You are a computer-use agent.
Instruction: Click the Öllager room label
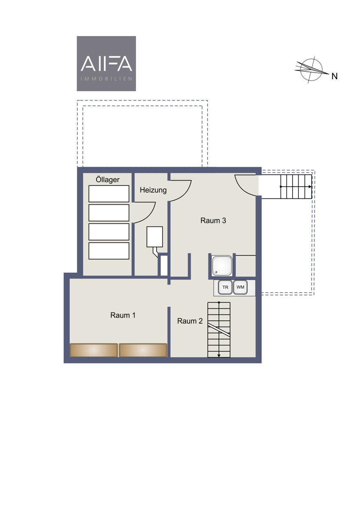coord(107,180)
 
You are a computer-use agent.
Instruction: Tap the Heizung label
coord(153,190)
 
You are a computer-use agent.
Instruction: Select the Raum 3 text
coord(213,221)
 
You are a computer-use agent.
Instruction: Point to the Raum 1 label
coord(123,315)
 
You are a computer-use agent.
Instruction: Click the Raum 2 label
coord(190,321)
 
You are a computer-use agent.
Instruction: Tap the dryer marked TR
coord(225,287)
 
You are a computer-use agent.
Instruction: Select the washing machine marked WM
coord(240,287)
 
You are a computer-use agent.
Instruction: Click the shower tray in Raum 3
coord(222,266)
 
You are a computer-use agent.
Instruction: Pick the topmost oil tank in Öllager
coord(109,193)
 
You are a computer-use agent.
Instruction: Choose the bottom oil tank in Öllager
coord(109,251)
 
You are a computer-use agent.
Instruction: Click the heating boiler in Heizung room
coord(155,237)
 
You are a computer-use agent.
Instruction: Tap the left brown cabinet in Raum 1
coord(94,350)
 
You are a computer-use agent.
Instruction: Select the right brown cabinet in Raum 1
coord(143,350)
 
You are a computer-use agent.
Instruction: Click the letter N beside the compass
coord(334,76)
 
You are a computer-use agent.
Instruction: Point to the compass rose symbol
coord(312,69)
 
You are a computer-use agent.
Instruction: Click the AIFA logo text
coord(107,64)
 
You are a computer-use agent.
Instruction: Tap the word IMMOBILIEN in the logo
coord(107,79)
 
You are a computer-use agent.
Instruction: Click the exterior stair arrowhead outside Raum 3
coord(310,187)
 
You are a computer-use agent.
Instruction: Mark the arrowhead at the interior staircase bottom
coord(219,355)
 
